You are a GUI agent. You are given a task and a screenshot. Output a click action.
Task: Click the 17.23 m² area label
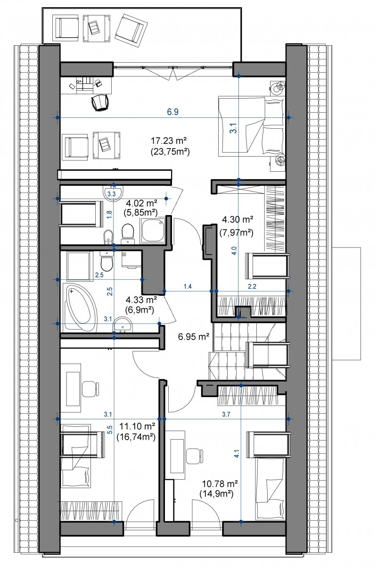click(168, 141)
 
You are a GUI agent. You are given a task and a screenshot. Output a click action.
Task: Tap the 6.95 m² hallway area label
click(194, 336)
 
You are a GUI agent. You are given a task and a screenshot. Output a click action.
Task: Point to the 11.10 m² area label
click(137, 426)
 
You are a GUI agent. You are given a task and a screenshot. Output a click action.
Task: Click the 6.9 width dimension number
click(172, 112)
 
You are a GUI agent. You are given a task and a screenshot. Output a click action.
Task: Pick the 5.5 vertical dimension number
click(110, 430)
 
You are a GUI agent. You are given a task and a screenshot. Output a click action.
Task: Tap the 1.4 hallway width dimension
click(188, 286)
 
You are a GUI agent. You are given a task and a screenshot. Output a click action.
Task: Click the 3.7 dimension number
click(226, 415)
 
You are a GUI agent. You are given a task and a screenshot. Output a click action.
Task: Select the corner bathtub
click(80, 307)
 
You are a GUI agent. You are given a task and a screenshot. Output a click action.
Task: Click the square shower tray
click(153, 231)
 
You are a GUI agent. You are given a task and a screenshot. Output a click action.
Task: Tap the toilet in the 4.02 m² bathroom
click(128, 233)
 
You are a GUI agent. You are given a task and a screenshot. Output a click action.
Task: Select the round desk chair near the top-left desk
click(99, 102)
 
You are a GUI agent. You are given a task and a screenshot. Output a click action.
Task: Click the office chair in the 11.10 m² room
click(90, 389)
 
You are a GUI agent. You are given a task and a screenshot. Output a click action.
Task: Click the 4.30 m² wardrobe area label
click(238, 220)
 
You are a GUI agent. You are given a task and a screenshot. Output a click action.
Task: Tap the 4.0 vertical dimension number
click(234, 250)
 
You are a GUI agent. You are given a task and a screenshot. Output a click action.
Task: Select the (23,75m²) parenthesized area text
click(170, 152)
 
